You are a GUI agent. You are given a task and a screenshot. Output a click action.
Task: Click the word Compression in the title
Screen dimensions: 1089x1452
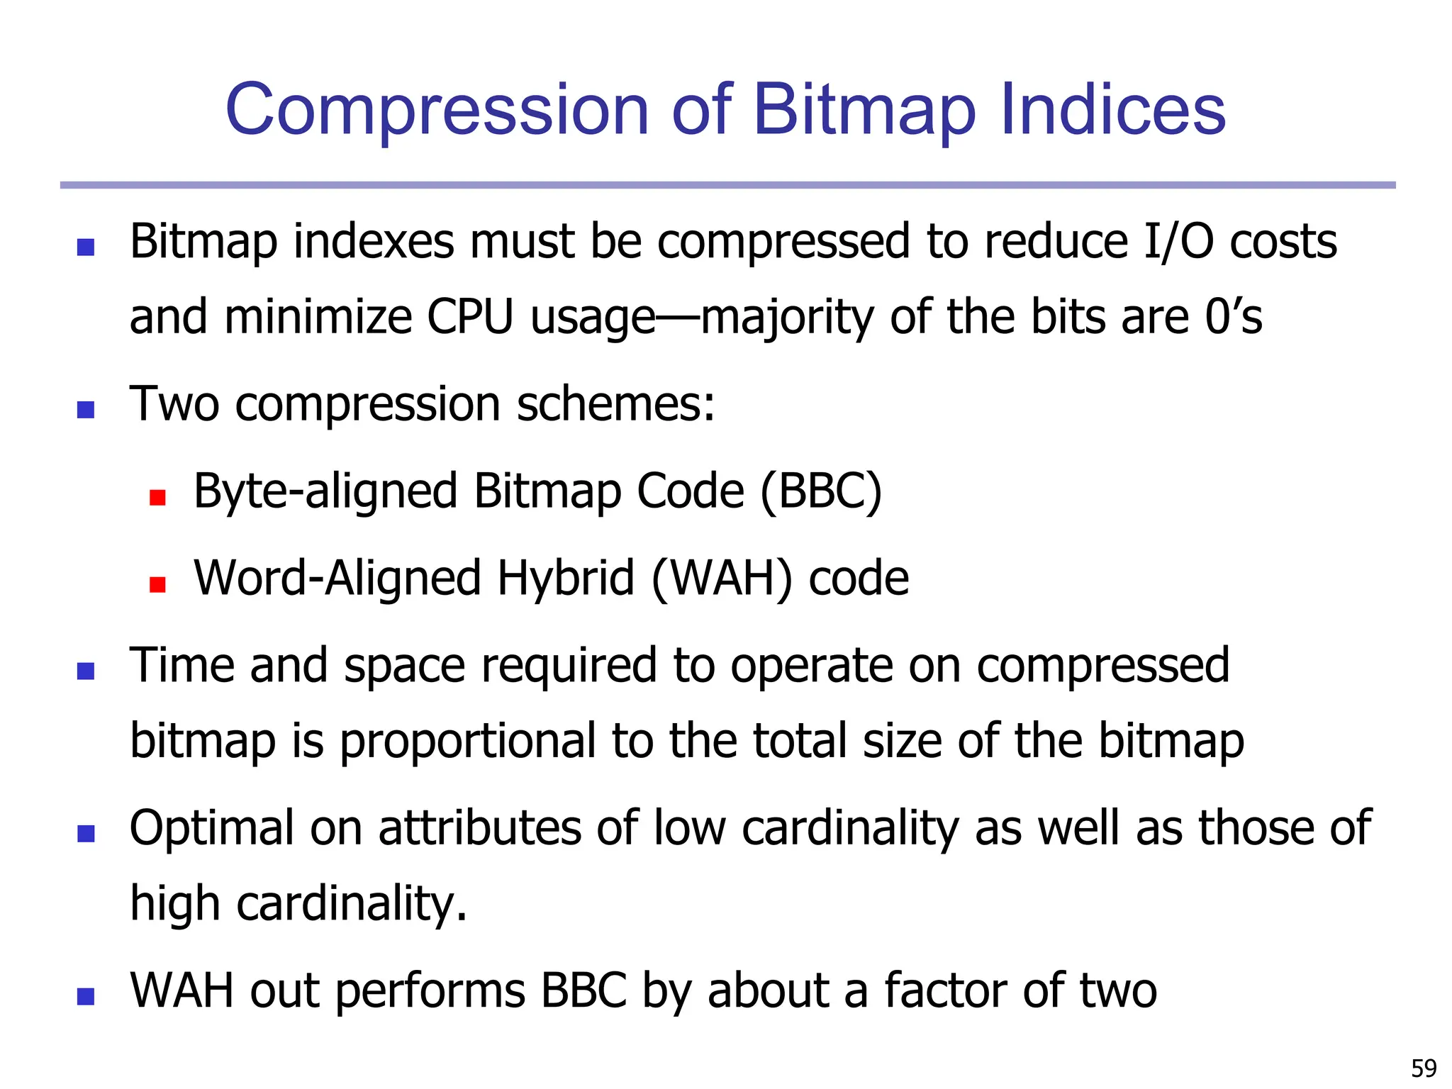point(437,110)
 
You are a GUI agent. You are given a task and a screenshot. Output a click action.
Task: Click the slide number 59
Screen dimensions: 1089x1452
point(1424,1068)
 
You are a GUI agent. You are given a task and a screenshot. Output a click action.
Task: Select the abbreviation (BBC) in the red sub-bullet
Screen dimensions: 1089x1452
point(821,491)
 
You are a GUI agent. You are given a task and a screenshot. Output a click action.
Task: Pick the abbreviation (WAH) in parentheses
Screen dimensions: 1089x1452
point(721,578)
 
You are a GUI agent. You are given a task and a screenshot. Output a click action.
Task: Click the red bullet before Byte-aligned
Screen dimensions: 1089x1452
point(157,498)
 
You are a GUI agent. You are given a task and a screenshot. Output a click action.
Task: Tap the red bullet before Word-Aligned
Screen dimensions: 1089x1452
point(157,585)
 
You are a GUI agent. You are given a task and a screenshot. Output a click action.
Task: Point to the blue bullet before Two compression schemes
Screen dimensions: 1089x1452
point(86,410)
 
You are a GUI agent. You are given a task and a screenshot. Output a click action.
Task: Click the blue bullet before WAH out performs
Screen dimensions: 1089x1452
point(86,996)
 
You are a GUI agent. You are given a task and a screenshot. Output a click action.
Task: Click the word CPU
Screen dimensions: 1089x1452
point(469,317)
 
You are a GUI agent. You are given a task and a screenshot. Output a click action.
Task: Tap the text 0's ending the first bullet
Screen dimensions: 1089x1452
point(1234,317)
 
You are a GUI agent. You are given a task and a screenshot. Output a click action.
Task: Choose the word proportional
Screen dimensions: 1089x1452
point(467,741)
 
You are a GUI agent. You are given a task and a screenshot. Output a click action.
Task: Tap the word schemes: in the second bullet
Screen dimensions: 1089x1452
point(615,403)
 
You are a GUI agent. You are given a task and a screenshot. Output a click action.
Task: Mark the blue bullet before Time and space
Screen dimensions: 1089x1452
point(86,671)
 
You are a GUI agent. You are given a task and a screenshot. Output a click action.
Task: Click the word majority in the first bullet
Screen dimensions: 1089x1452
point(787,317)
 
